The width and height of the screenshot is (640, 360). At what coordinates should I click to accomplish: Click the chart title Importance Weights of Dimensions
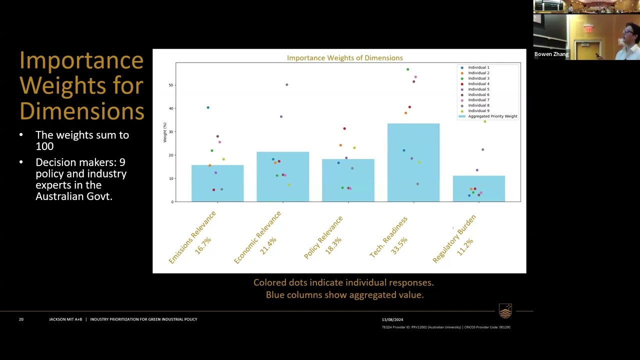point(344,58)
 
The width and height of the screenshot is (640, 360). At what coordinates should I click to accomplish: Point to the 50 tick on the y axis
point(170,85)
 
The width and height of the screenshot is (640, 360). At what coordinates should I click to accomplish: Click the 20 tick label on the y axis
point(170,155)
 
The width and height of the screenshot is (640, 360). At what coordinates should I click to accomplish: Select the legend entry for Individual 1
point(478,67)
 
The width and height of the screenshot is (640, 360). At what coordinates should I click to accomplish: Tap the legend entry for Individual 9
point(478,111)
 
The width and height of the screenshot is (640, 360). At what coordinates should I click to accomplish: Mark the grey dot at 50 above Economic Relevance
point(287,84)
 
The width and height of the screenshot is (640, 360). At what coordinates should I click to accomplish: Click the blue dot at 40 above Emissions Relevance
point(208,107)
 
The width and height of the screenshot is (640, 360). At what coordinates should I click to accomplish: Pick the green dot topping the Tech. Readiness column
point(408,69)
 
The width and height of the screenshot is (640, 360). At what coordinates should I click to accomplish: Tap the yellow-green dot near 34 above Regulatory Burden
point(484,121)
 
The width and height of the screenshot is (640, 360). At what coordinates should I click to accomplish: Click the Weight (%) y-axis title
point(165,132)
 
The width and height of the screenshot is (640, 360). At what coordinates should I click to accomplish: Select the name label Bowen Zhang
point(551,54)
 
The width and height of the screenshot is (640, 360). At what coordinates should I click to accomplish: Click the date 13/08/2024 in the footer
point(392,319)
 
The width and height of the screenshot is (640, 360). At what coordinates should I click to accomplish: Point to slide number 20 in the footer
point(21,319)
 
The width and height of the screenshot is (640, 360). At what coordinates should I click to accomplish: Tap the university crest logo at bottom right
point(505,311)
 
